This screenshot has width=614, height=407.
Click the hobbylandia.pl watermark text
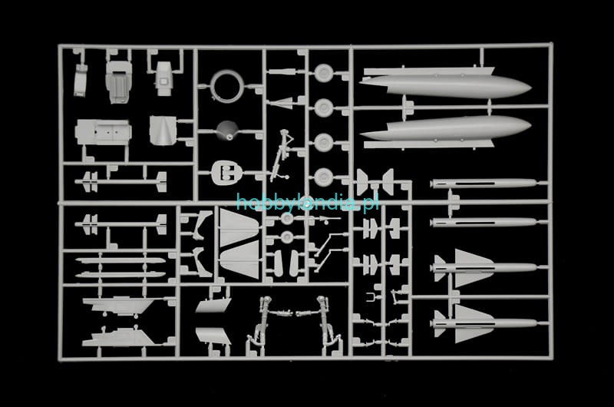(x=308, y=203)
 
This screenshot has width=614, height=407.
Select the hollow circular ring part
(x=227, y=86)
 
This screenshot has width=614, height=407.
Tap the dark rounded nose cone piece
(x=226, y=131)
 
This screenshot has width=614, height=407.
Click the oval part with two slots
(x=226, y=173)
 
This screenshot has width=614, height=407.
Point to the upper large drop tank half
(x=445, y=83)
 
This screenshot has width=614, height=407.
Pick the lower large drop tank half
(x=445, y=132)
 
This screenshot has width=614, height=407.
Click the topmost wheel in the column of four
(x=324, y=73)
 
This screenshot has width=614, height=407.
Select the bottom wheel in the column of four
(x=324, y=177)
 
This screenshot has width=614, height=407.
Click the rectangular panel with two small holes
(x=104, y=132)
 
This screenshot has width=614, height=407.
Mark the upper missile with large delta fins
(x=485, y=268)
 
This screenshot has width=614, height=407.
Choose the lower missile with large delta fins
(x=485, y=323)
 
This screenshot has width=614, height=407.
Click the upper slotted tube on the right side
(x=484, y=184)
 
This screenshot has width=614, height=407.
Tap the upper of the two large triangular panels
(x=239, y=227)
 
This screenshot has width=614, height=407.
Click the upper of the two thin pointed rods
(x=120, y=260)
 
